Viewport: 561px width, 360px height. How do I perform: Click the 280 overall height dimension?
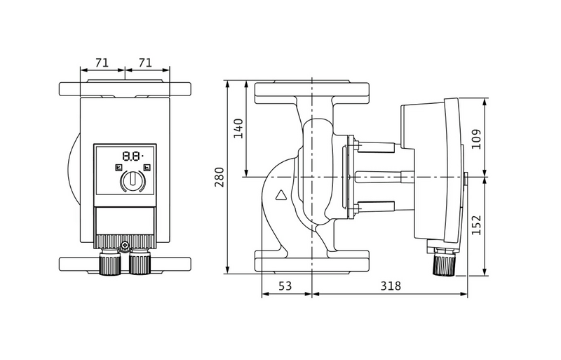219,178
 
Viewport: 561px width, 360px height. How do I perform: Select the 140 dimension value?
238,128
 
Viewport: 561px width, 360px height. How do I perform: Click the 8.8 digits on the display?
130,156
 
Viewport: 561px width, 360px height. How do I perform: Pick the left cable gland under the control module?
109,263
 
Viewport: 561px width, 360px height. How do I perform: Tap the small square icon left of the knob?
116,167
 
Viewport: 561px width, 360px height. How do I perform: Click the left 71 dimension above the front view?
102,63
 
